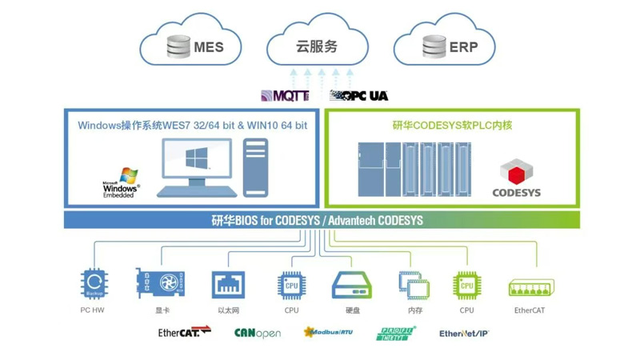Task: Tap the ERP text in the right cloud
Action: tap(462, 47)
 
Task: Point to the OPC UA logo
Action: tap(359, 96)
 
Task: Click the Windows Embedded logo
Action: tap(122, 183)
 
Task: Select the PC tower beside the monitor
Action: tap(255, 167)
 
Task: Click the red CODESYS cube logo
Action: tap(516, 172)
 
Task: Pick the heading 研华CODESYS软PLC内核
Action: tap(452, 125)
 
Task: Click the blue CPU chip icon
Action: tap(291, 285)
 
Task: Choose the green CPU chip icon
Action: tap(466, 285)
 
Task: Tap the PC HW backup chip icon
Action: tap(94, 285)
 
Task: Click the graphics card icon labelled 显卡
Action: tap(161, 285)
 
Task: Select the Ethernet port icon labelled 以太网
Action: tap(228, 285)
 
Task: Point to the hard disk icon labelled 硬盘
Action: tap(352, 285)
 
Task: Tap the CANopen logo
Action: tap(257, 333)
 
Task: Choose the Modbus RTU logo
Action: tap(328, 332)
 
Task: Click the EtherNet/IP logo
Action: tap(464, 333)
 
